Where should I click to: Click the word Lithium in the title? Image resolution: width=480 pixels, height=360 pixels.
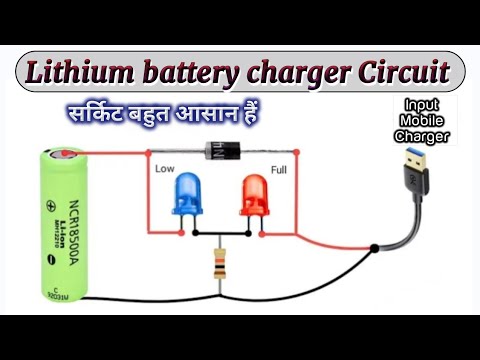tap(80, 72)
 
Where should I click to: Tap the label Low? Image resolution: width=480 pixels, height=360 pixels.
tap(165, 170)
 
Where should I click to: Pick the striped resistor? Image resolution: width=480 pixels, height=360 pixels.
tap(219, 266)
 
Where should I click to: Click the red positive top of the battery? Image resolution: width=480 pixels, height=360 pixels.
tap(65, 156)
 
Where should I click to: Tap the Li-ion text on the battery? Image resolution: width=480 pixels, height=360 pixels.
tap(77, 226)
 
